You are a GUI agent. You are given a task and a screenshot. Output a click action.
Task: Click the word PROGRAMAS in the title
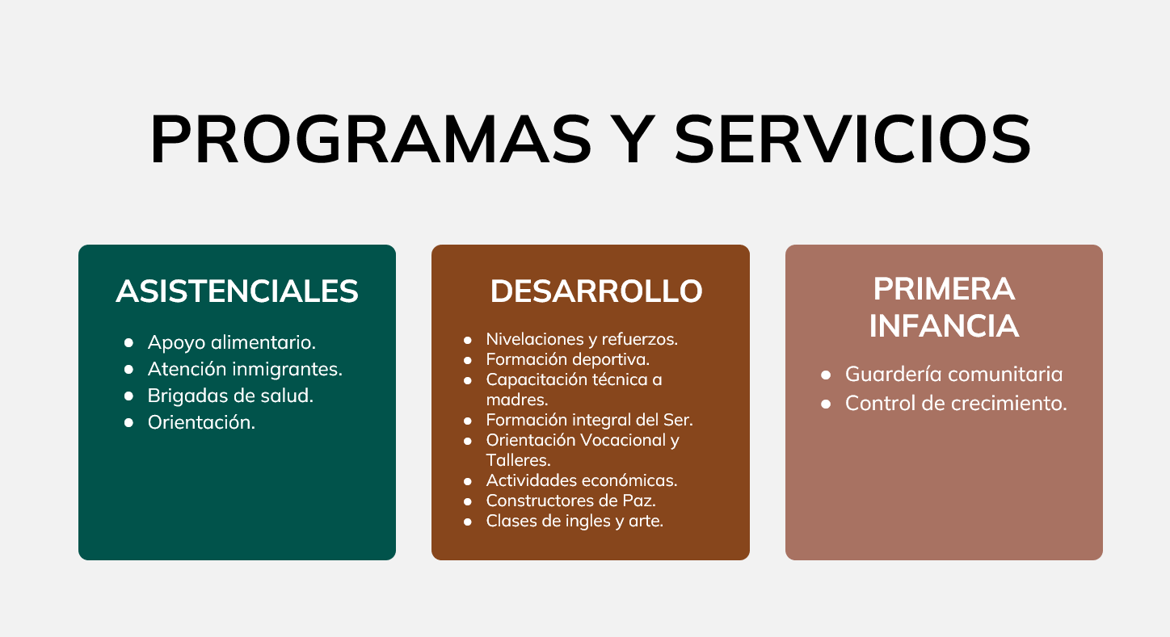coord(371,139)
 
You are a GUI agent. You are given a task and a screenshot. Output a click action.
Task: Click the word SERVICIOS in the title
coord(853,139)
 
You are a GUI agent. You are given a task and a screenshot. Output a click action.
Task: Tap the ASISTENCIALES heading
coord(237,291)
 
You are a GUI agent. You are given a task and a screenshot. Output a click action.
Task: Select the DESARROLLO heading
coord(596,291)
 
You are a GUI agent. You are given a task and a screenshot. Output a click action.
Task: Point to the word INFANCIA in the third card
coord(945,325)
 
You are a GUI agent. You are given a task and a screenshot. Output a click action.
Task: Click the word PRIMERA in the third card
coord(945,288)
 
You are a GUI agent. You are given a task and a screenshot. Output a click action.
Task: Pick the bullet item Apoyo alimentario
coord(232,343)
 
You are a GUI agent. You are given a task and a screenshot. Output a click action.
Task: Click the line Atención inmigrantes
coord(245,370)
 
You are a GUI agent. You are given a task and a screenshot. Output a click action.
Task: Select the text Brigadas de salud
coord(230,396)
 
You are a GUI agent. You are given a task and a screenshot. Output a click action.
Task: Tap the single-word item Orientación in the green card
coord(202,422)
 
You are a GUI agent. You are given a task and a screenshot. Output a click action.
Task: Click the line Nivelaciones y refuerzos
coord(582,339)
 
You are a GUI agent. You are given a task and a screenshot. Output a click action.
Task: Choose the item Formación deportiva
coord(568,359)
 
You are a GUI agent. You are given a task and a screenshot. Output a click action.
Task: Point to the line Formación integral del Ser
coord(589,420)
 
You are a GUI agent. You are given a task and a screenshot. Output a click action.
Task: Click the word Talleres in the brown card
coord(518,460)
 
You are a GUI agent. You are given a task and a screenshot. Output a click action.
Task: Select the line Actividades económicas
coord(582,480)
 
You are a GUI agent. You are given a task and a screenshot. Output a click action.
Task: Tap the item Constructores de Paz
coord(571,501)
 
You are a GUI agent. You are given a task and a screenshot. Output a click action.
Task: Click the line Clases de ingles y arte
coord(574,522)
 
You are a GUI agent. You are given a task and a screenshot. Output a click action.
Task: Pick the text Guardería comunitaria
coord(953,374)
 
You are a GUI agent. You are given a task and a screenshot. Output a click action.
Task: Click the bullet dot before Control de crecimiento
coord(826,404)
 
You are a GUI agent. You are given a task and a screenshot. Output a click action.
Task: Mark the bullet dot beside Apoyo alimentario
coord(128,343)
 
